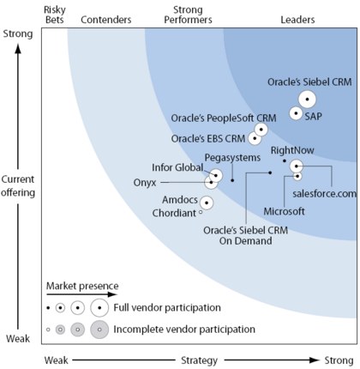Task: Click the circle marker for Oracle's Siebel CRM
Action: click(307, 100)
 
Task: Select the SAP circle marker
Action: click(296, 113)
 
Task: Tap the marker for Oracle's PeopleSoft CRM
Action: click(261, 130)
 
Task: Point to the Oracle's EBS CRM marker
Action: click(255, 138)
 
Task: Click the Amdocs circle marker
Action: click(207, 203)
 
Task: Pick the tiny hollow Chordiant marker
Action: click(201, 212)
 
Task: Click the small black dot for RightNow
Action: click(285, 161)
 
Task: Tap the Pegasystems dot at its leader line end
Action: click(232, 180)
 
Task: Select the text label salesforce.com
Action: click(325, 194)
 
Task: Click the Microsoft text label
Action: click(284, 211)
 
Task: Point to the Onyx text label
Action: click(145, 183)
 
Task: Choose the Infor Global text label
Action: click(177, 167)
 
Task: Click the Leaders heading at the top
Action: click(297, 20)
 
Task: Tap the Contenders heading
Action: click(106, 20)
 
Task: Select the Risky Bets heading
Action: click(55, 15)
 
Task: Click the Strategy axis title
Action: click(199, 360)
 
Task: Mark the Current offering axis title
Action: click(18, 186)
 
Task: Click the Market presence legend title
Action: click(82, 286)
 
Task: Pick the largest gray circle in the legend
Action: click(99, 330)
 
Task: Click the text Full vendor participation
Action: click(167, 308)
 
